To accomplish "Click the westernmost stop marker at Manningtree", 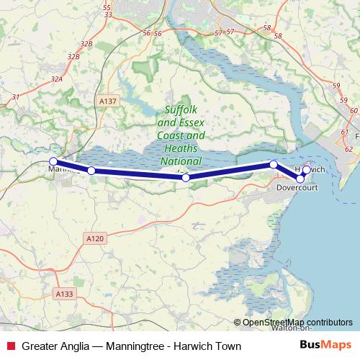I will pos(53,162).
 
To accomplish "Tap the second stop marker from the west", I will pos(91,171).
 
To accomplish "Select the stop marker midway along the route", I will pos(186,177).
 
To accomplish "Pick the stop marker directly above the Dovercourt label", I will pos(300,178).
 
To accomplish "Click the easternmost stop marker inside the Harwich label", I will pos(307,170).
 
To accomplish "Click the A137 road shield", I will pos(107,102).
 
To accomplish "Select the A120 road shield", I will pos(94,238).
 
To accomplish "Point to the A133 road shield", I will pos(64,294).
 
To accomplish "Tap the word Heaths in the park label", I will pos(181,148).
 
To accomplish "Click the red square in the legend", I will pos(9,345).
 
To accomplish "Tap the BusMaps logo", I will pos(325,345).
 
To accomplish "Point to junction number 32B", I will pos(87,44).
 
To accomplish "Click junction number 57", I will pos(230,32).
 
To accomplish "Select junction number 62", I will pos(348,148).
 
